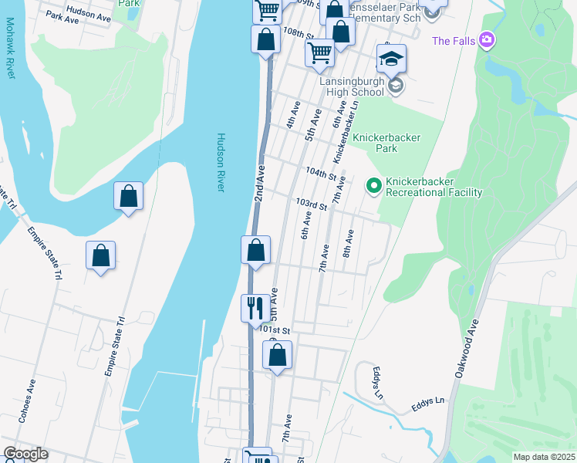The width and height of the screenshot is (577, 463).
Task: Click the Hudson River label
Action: (x=220, y=163)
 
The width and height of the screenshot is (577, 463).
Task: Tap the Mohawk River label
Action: (x=11, y=54)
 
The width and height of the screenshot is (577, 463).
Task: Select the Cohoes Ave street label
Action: (x=32, y=396)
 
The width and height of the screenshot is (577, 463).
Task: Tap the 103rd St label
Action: (x=312, y=204)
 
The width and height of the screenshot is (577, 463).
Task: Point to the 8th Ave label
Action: (x=349, y=244)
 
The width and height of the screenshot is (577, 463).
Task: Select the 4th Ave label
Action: (x=292, y=117)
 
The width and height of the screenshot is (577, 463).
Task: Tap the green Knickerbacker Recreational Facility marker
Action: (x=374, y=185)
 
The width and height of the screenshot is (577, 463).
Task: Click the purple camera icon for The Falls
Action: (x=486, y=39)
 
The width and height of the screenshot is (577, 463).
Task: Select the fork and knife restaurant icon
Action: (x=255, y=308)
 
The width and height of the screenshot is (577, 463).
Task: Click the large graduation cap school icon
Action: (x=391, y=59)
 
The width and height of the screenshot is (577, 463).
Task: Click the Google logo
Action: (x=26, y=454)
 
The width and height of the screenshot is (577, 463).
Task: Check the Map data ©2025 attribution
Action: (x=544, y=457)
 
